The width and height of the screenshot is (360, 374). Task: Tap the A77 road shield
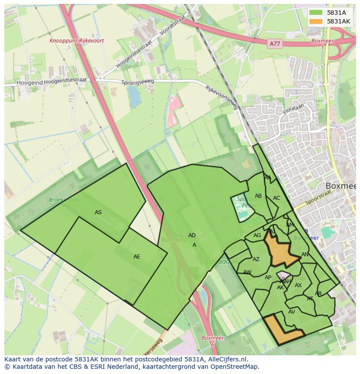274,43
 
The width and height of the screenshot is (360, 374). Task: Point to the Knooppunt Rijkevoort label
77,41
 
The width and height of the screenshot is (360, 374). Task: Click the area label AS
98,212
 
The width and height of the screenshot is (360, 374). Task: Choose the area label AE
137,257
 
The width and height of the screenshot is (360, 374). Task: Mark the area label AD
192,235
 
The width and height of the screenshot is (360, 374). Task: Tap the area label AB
258,196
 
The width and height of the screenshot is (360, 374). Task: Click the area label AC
277,198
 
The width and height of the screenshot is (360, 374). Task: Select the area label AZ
256,259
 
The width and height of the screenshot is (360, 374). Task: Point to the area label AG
257,235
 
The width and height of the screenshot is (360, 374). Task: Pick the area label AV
292,312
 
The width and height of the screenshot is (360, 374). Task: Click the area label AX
298,285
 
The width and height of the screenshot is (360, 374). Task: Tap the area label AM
290,225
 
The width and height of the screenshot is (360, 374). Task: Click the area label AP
268,278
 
